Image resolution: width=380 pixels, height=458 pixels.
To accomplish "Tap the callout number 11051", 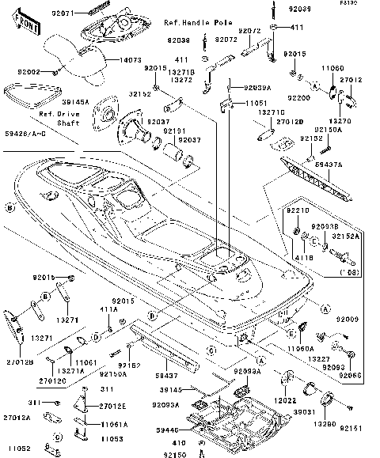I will click(255, 104).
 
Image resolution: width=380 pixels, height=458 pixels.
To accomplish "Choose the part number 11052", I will click(17, 448).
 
